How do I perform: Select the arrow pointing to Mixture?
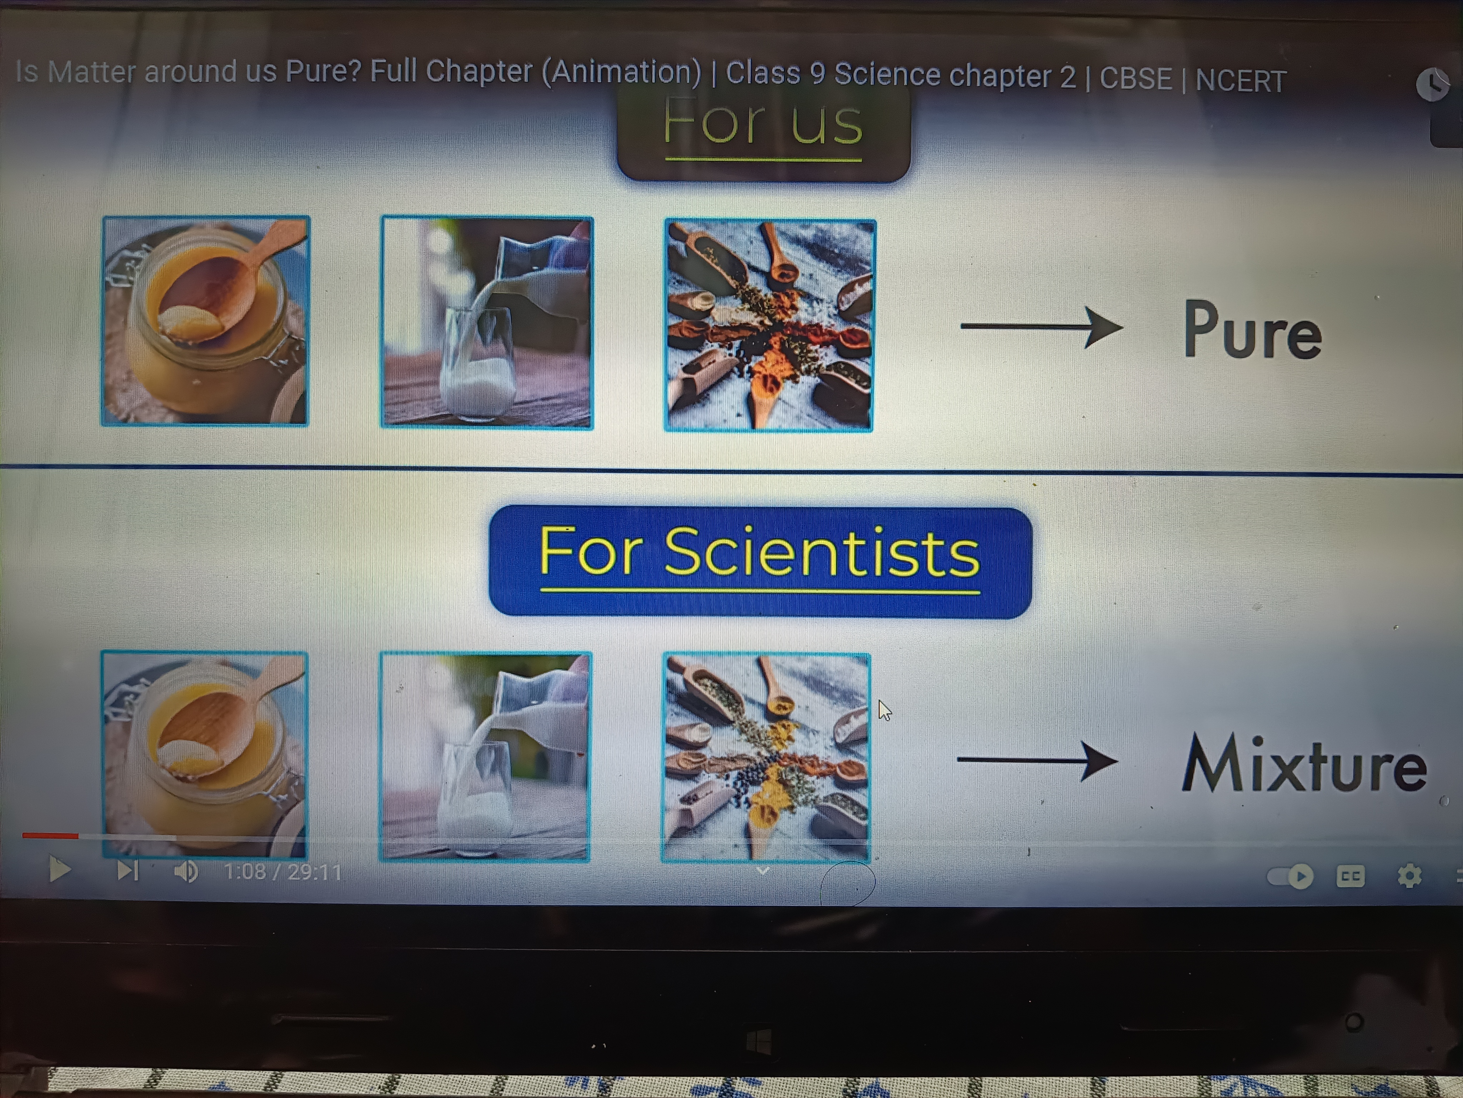coord(1037,760)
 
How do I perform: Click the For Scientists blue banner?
coord(760,561)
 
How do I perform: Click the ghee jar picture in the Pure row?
coord(205,321)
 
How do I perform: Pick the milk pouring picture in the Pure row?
coord(487,322)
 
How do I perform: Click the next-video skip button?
coord(127,871)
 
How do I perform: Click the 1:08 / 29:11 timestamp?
coord(283,872)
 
